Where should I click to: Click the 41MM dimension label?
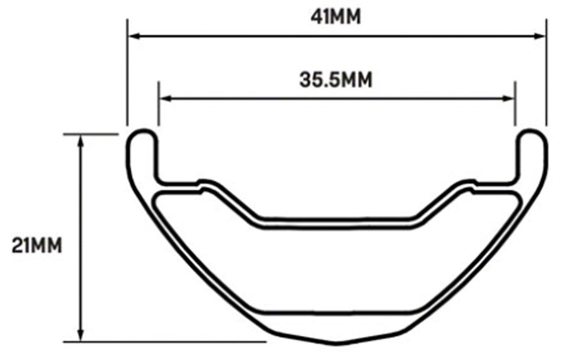pyautogui.click(x=336, y=16)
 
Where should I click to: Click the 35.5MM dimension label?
pyautogui.click(x=335, y=80)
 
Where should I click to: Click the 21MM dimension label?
pyautogui.click(x=37, y=244)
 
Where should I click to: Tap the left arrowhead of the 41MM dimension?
pyautogui.click(x=133, y=37)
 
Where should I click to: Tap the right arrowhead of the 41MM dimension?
pyautogui.click(x=541, y=37)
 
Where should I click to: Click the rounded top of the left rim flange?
pyautogui.click(x=143, y=132)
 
